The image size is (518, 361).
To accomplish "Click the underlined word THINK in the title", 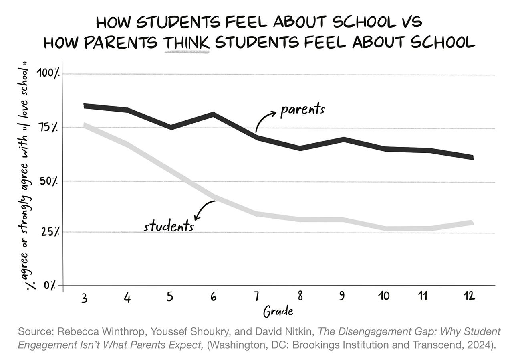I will pos(186,42).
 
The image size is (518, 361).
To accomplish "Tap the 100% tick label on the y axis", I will pos(48,74).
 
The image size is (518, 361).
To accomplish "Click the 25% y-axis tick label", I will pos(50,232).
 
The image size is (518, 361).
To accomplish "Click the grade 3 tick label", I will pos(84,298).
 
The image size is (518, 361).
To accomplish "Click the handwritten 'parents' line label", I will pos(302,109).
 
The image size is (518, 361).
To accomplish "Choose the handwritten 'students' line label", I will pos(169,227).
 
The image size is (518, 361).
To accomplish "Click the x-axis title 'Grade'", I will pos(278,311).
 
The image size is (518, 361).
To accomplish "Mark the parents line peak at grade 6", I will pos(213,115).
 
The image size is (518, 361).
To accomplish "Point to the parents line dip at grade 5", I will pos(171,127).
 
